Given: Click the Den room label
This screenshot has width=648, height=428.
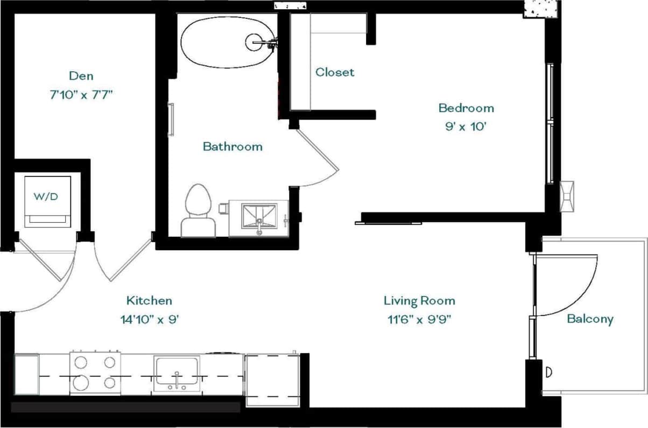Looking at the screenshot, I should (x=81, y=75).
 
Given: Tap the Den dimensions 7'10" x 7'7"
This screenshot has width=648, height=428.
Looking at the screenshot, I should (x=81, y=95).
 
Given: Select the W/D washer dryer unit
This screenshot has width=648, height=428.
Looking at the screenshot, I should (x=47, y=201).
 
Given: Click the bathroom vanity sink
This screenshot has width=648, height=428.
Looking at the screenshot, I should (x=259, y=218).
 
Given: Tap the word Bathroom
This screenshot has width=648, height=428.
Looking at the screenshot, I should (x=233, y=146).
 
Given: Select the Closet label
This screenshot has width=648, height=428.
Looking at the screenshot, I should (x=335, y=72).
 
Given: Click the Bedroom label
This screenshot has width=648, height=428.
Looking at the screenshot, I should (x=466, y=108).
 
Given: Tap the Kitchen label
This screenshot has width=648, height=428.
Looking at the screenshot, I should (x=149, y=300).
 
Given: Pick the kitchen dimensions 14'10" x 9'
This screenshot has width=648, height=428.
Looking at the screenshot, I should (x=149, y=319).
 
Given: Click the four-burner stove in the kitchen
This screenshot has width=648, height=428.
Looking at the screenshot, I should (x=95, y=372).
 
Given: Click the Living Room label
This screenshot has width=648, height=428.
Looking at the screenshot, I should (x=419, y=300).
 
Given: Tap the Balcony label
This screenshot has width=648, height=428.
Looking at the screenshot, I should (x=590, y=319).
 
